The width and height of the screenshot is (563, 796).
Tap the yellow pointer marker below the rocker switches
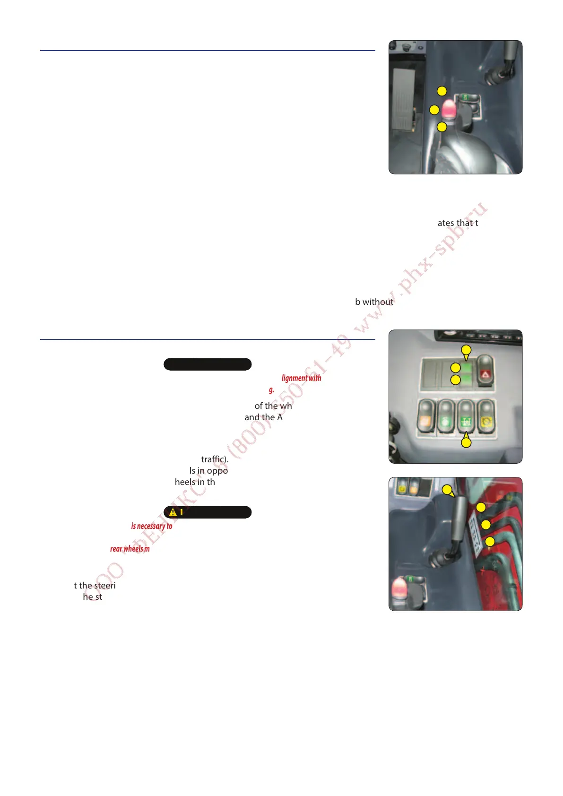[x=466, y=442]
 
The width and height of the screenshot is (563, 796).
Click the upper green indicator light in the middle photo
[x=467, y=368]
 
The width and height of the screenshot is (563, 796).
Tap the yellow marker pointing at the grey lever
[x=447, y=490]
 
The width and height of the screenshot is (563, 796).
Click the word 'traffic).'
[x=215, y=459]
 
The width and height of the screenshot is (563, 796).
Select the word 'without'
[x=378, y=302]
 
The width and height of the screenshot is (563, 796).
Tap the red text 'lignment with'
[x=301, y=378]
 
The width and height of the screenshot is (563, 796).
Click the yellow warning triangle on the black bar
[x=173, y=512]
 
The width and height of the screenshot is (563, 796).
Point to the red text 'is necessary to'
[x=151, y=526]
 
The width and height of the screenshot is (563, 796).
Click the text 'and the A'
[x=263, y=417]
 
